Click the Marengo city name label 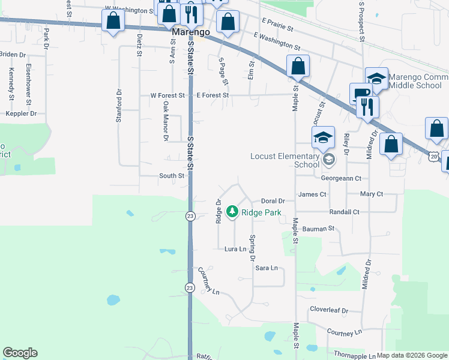(185, 32)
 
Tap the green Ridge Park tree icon (232, 211)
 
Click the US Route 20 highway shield (433, 156)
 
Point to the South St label (172, 176)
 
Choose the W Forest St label (163, 95)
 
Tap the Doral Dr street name (273, 201)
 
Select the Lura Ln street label (236, 248)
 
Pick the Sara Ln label (267, 268)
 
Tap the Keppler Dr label (21, 113)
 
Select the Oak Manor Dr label (166, 121)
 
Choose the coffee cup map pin (361, 93)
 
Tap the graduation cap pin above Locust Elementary (323, 137)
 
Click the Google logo (20, 353)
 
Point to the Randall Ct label (344, 212)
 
